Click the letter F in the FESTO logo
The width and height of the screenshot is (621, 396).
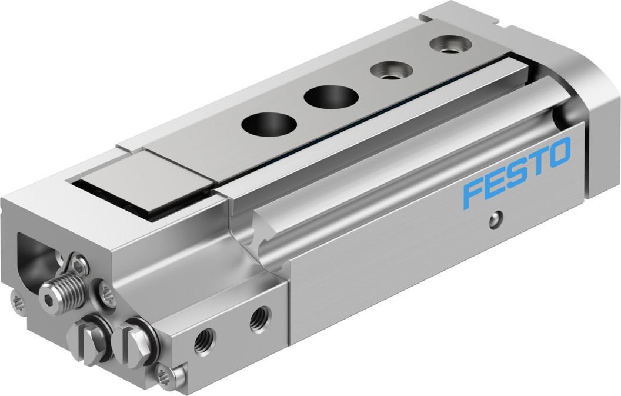pyautogui.click(x=475, y=195)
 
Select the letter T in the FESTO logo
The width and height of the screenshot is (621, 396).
pyautogui.click(x=535, y=162)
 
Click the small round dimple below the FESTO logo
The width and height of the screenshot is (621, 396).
pyautogui.click(x=495, y=219)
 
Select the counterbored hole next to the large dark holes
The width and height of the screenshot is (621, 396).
pyautogui.click(x=391, y=70)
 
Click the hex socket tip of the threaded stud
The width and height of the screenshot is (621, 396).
pyautogui.click(x=47, y=294)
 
